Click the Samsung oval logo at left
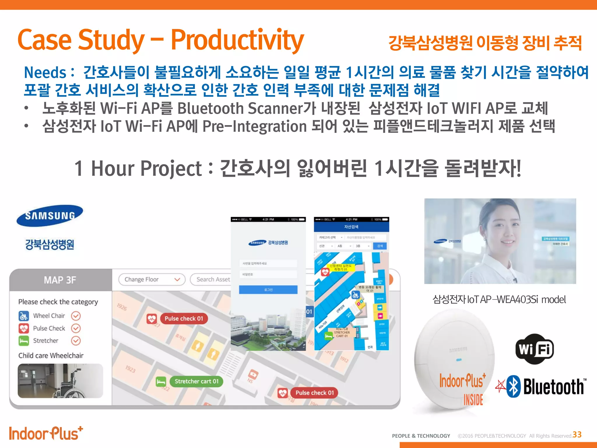click(x=50, y=216)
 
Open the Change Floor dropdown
click(x=152, y=279)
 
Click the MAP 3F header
click(x=60, y=280)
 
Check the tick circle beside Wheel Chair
click(x=76, y=316)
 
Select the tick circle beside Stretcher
click(x=76, y=340)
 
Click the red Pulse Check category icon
click(x=24, y=328)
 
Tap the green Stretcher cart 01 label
click(x=196, y=381)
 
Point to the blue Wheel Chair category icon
click(x=24, y=316)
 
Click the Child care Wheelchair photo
click(x=60, y=381)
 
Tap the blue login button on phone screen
click(x=268, y=290)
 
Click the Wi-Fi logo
click(x=535, y=349)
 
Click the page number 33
click(x=577, y=435)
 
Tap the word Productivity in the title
click(x=237, y=40)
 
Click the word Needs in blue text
click(x=45, y=72)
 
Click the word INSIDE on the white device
click(x=473, y=400)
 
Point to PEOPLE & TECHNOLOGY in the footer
click(x=421, y=436)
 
